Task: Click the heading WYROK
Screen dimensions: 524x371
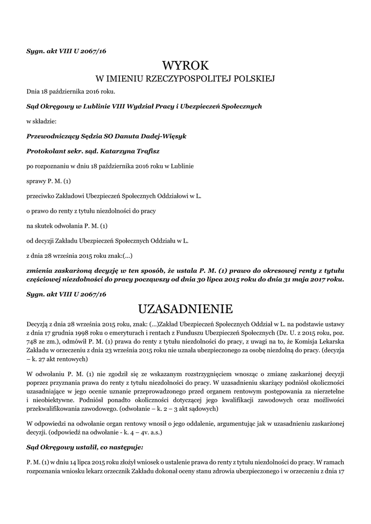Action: tap(185, 65)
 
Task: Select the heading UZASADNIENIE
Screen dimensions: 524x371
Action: tap(185, 309)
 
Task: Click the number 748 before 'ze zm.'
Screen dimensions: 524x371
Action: tap(33, 342)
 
